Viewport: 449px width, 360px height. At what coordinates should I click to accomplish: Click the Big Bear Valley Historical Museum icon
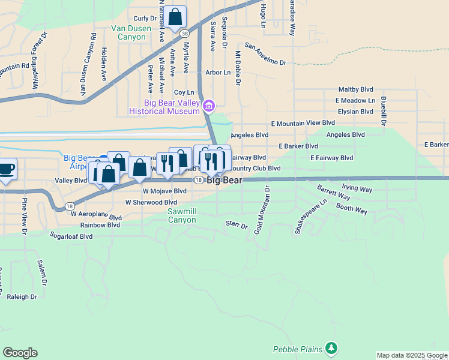pos(209,107)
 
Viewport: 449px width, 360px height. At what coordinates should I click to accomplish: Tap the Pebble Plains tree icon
pos(331,348)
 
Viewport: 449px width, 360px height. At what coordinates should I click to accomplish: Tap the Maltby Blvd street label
pos(357,89)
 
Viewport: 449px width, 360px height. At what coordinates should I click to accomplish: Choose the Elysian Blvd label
pos(355,112)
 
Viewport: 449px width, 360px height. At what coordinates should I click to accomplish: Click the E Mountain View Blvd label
pos(303,122)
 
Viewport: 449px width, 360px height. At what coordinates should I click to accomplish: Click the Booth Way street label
pos(352,210)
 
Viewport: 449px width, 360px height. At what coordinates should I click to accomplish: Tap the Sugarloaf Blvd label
pos(71,236)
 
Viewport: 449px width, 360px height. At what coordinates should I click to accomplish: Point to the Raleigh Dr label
pos(22,296)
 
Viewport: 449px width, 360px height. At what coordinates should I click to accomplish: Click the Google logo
pos(20,353)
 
